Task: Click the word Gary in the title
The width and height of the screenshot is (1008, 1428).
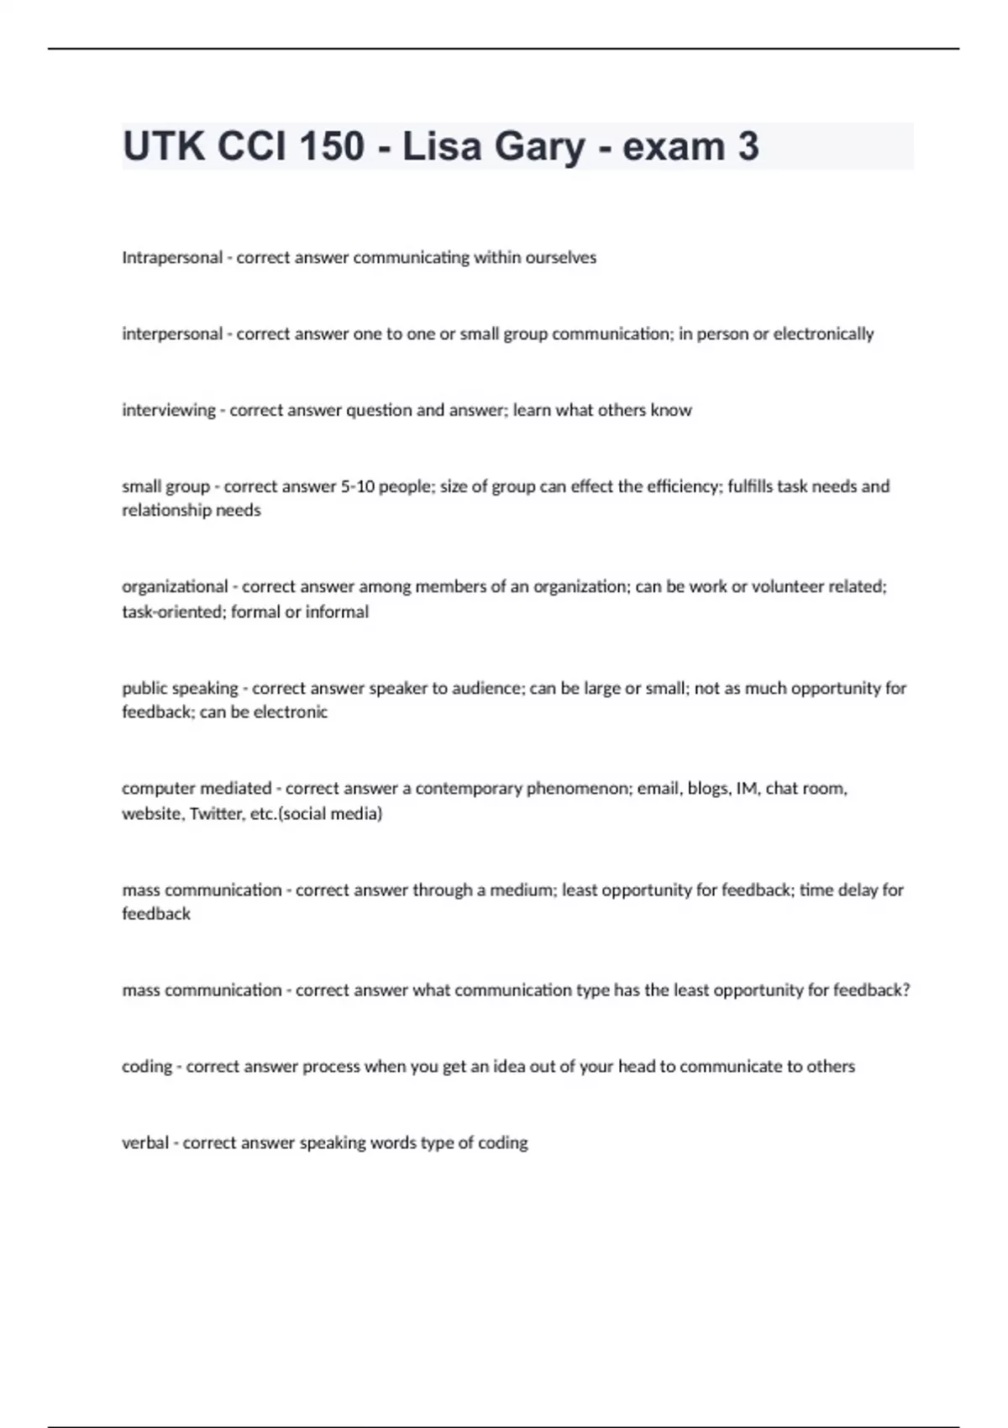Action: point(539,146)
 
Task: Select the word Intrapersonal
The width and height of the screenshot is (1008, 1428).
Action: point(172,258)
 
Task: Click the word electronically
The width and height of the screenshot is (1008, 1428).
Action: point(823,334)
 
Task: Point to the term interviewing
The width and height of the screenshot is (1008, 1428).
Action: point(169,411)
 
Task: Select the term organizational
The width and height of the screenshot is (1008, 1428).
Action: point(175,587)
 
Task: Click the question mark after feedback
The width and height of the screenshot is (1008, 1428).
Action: point(906,990)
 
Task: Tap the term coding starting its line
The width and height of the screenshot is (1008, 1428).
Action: point(146,1067)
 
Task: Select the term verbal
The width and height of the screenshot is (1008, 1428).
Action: point(145,1143)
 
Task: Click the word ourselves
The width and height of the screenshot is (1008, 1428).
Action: point(560,258)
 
